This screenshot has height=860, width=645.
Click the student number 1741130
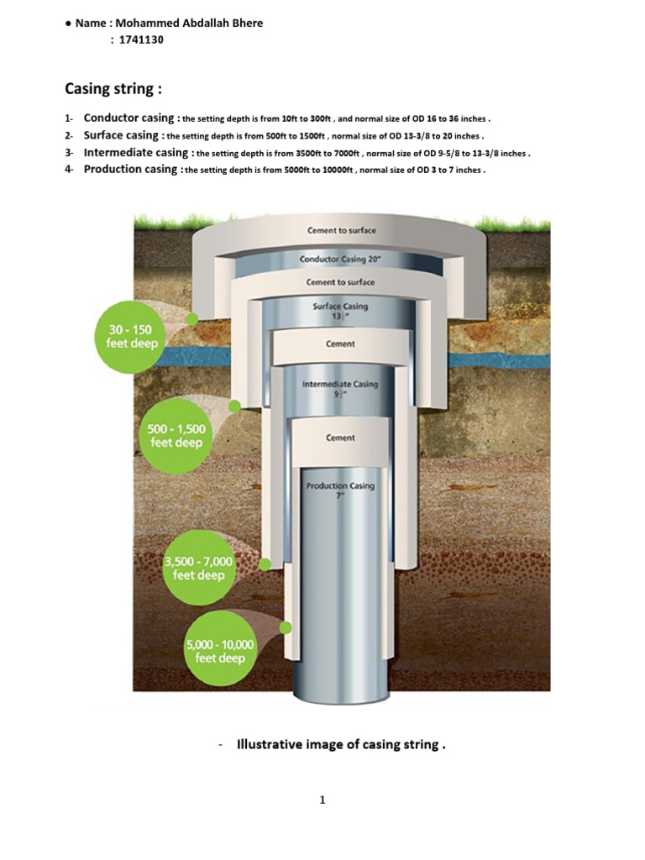coord(140,39)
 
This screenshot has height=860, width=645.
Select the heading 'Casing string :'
coord(113,88)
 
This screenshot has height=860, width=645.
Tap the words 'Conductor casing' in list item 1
coord(128,118)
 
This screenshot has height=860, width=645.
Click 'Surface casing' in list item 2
coord(121,135)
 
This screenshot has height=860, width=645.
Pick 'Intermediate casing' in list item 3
coord(137,153)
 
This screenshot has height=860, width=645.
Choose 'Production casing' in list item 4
coord(130,170)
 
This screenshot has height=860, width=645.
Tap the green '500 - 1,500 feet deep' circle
coord(176,436)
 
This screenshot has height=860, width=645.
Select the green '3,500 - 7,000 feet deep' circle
coord(198,569)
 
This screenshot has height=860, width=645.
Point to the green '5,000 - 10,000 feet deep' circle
coord(219,652)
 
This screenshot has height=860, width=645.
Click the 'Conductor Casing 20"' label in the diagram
coord(340,260)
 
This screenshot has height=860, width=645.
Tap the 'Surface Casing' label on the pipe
coord(340,311)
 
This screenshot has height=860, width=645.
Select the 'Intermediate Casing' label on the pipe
coord(340,388)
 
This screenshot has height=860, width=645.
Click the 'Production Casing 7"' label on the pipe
coord(340,490)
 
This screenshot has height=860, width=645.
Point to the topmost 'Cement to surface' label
coord(341,230)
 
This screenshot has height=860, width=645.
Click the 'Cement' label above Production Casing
coord(340,438)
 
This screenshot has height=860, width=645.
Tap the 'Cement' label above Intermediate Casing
coord(340,343)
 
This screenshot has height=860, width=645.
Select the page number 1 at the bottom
coord(322,800)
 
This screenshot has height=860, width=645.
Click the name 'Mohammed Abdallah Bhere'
coord(189,23)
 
